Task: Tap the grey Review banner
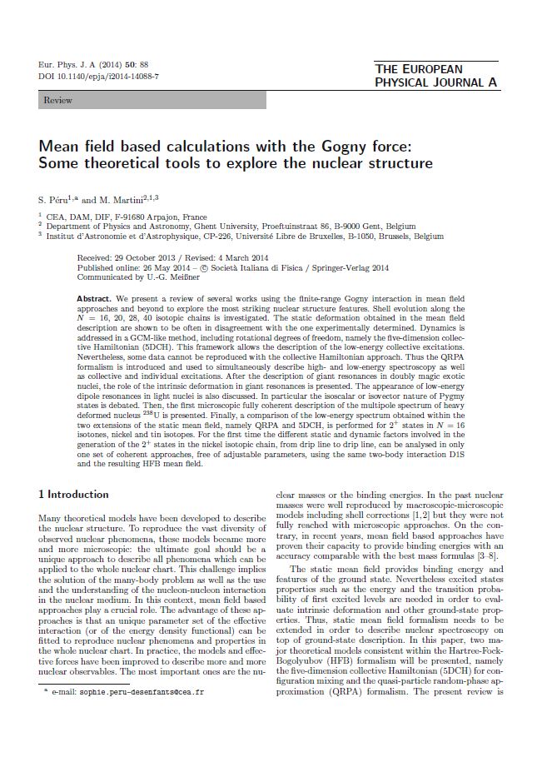coord(152,100)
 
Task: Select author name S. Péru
coord(56,198)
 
